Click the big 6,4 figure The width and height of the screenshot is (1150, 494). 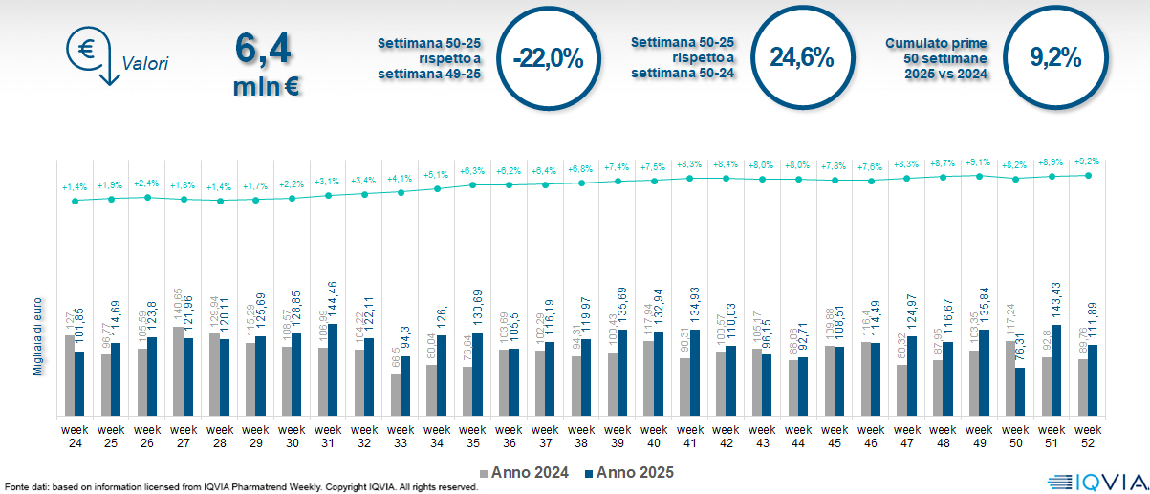coord(261,51)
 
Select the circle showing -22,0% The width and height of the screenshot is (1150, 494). coord(548,56)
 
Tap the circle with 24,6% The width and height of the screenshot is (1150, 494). coord(801,56)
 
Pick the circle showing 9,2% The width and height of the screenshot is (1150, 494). coord(1054,56)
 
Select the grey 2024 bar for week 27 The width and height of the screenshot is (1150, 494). coord(178,371)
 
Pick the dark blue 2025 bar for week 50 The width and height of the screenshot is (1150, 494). coord(1021,392)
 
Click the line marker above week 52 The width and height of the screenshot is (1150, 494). coord(1088,175)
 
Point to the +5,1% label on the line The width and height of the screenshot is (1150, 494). coord(437,175)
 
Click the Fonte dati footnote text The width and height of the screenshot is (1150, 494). coord(239,487)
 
